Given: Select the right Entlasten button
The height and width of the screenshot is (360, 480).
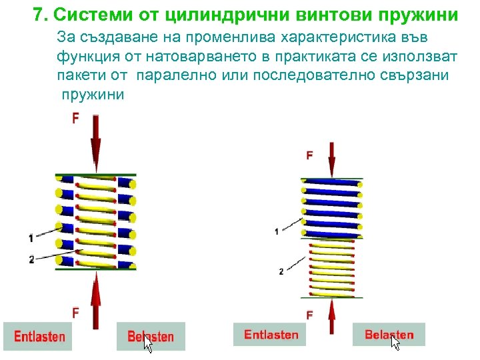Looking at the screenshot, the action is point(270,334).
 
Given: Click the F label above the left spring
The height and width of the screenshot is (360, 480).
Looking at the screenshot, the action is point(75,118).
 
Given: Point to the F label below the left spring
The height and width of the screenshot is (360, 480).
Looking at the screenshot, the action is point(75,311).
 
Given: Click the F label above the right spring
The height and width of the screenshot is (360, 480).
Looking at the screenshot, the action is point(309,155).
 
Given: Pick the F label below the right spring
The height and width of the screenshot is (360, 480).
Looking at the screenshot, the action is point(309,313).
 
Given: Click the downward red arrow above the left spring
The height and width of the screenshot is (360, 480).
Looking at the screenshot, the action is point(97,143).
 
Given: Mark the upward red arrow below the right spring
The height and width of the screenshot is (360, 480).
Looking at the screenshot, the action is point(331,317).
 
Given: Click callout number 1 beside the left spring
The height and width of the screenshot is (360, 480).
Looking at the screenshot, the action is point(31,237).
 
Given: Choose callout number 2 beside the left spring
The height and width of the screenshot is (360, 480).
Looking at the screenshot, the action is point(31,259).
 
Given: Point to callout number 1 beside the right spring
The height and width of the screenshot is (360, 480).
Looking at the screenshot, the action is point(277,231).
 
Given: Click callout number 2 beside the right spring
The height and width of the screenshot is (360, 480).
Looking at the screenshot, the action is point(281,271).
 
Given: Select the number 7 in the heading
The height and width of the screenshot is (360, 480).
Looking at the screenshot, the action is point(38,14).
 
